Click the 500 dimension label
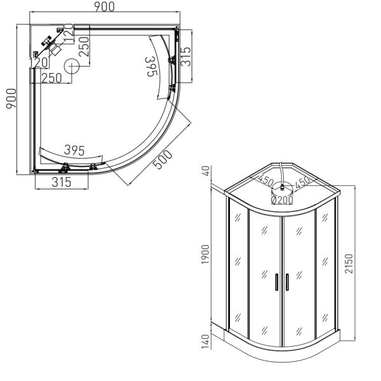163,159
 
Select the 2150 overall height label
349,264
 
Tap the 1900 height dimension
205,254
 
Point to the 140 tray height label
205,342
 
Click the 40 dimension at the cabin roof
206,171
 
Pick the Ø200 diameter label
282,200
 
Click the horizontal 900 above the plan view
105,7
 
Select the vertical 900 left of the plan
11,98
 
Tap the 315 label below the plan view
62,182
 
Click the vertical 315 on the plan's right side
186,57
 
